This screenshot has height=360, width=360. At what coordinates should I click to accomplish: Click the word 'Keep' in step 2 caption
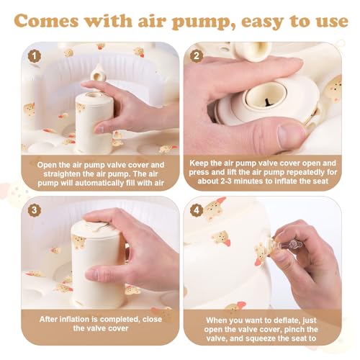204,163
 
